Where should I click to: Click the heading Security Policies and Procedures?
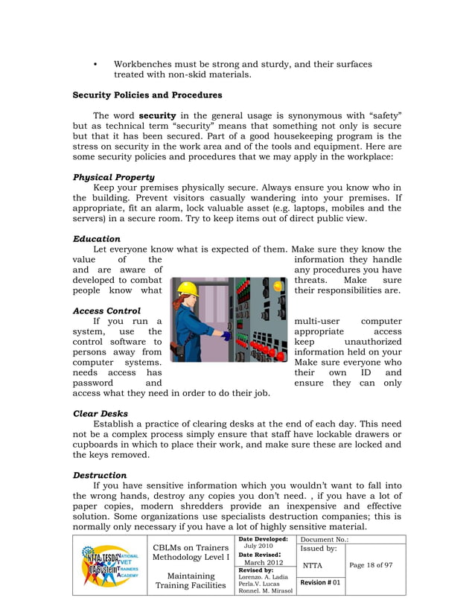click(147, 95)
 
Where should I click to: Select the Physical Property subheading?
click(114, 177)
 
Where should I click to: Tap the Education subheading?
click(97, 238)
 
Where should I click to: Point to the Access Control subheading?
click(107, 310)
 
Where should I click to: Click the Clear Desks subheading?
click(101, 413)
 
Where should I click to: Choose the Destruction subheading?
click(100, 474)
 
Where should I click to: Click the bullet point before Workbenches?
click(95, 65)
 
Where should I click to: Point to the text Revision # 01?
click(320, 582)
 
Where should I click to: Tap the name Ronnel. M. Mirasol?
click(265, 591)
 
